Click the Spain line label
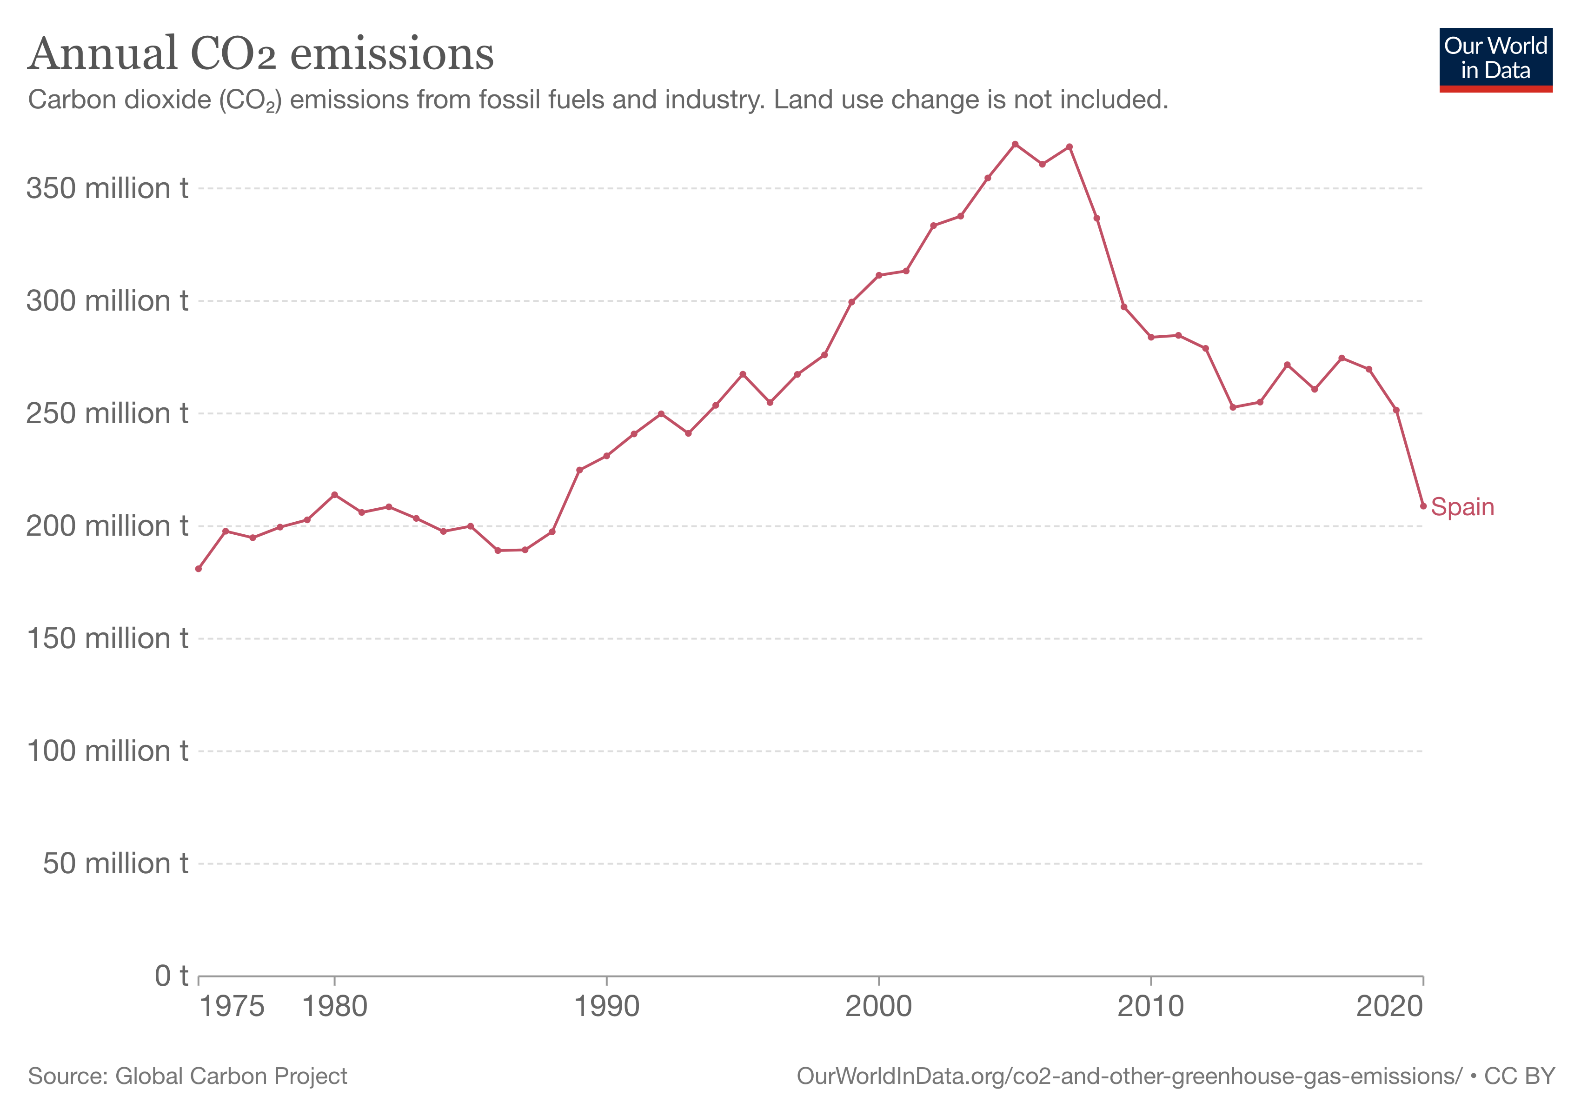click(1462, 507)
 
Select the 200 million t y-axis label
click(107, 526)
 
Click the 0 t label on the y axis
click(171, 976)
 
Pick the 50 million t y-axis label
click(115, 864)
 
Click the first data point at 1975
click(198, 569)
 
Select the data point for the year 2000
click(879, 275)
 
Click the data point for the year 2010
click(1150, 337)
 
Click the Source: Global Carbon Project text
click(187, 1076)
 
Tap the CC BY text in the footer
click(1519, 1076)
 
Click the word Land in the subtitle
click(795, 100)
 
